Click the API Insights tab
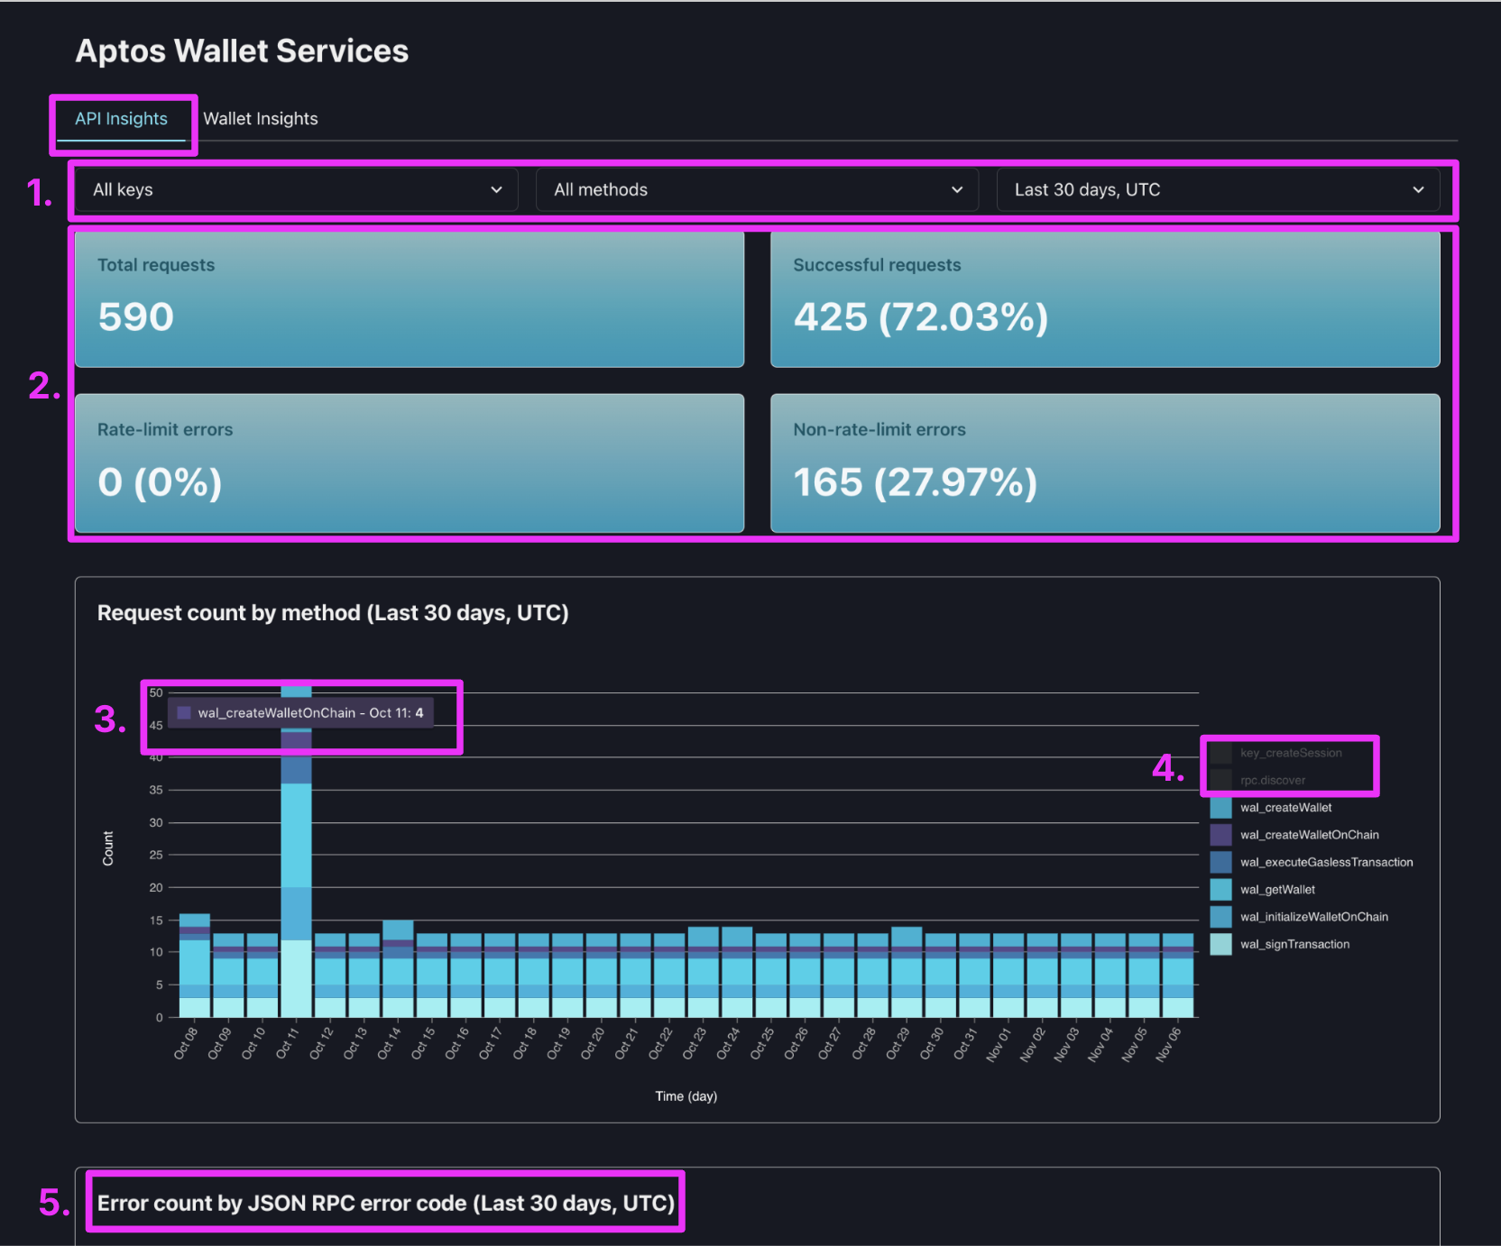point(121,119)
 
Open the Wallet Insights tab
point(261,119)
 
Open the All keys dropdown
point(296,190)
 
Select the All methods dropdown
point(757,190)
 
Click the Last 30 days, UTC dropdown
point(1217,190)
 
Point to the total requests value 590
point(136,317)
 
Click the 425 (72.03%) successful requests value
point(920,317)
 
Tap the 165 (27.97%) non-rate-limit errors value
point(915,482)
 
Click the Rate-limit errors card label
point(165,430)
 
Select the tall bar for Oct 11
point(296,857)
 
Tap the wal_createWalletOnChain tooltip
point(301,713)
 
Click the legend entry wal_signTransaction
point(1294,945)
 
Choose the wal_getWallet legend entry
point(1277,890)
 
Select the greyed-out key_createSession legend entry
point(1290,754)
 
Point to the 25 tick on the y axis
point(156,855)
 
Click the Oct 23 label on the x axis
point(694,1044)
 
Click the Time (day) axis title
point(686,1096)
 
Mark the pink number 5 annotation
point(53,1203)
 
